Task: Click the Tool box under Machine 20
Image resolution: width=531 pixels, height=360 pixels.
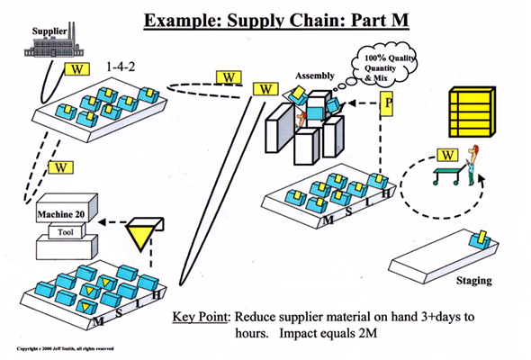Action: point(66,230)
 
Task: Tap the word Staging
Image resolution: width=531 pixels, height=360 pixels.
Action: point(473,281)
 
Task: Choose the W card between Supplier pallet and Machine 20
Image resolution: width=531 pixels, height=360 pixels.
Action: point(61,167)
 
